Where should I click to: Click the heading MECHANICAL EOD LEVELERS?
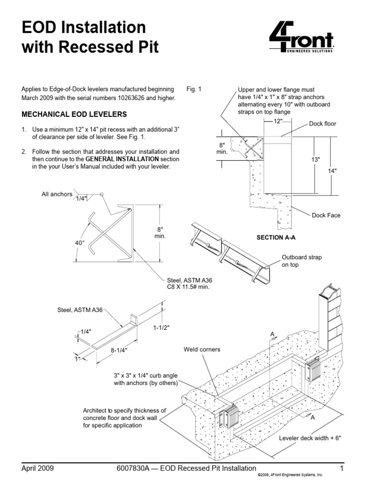coord(74,114)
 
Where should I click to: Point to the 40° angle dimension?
coord(79,243)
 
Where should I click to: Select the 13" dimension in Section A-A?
coord(315,160)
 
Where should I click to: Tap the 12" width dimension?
coord(278,122)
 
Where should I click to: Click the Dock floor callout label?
coord(323,124)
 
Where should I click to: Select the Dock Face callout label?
coord(326,215)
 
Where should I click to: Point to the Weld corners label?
coord(202,349)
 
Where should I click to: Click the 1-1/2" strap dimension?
coord(162,328)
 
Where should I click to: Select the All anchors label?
coord(56,194)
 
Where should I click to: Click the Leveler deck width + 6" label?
coord(310,437)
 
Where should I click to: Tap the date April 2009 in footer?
coord(38,468)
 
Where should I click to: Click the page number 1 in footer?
coord(342,468)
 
